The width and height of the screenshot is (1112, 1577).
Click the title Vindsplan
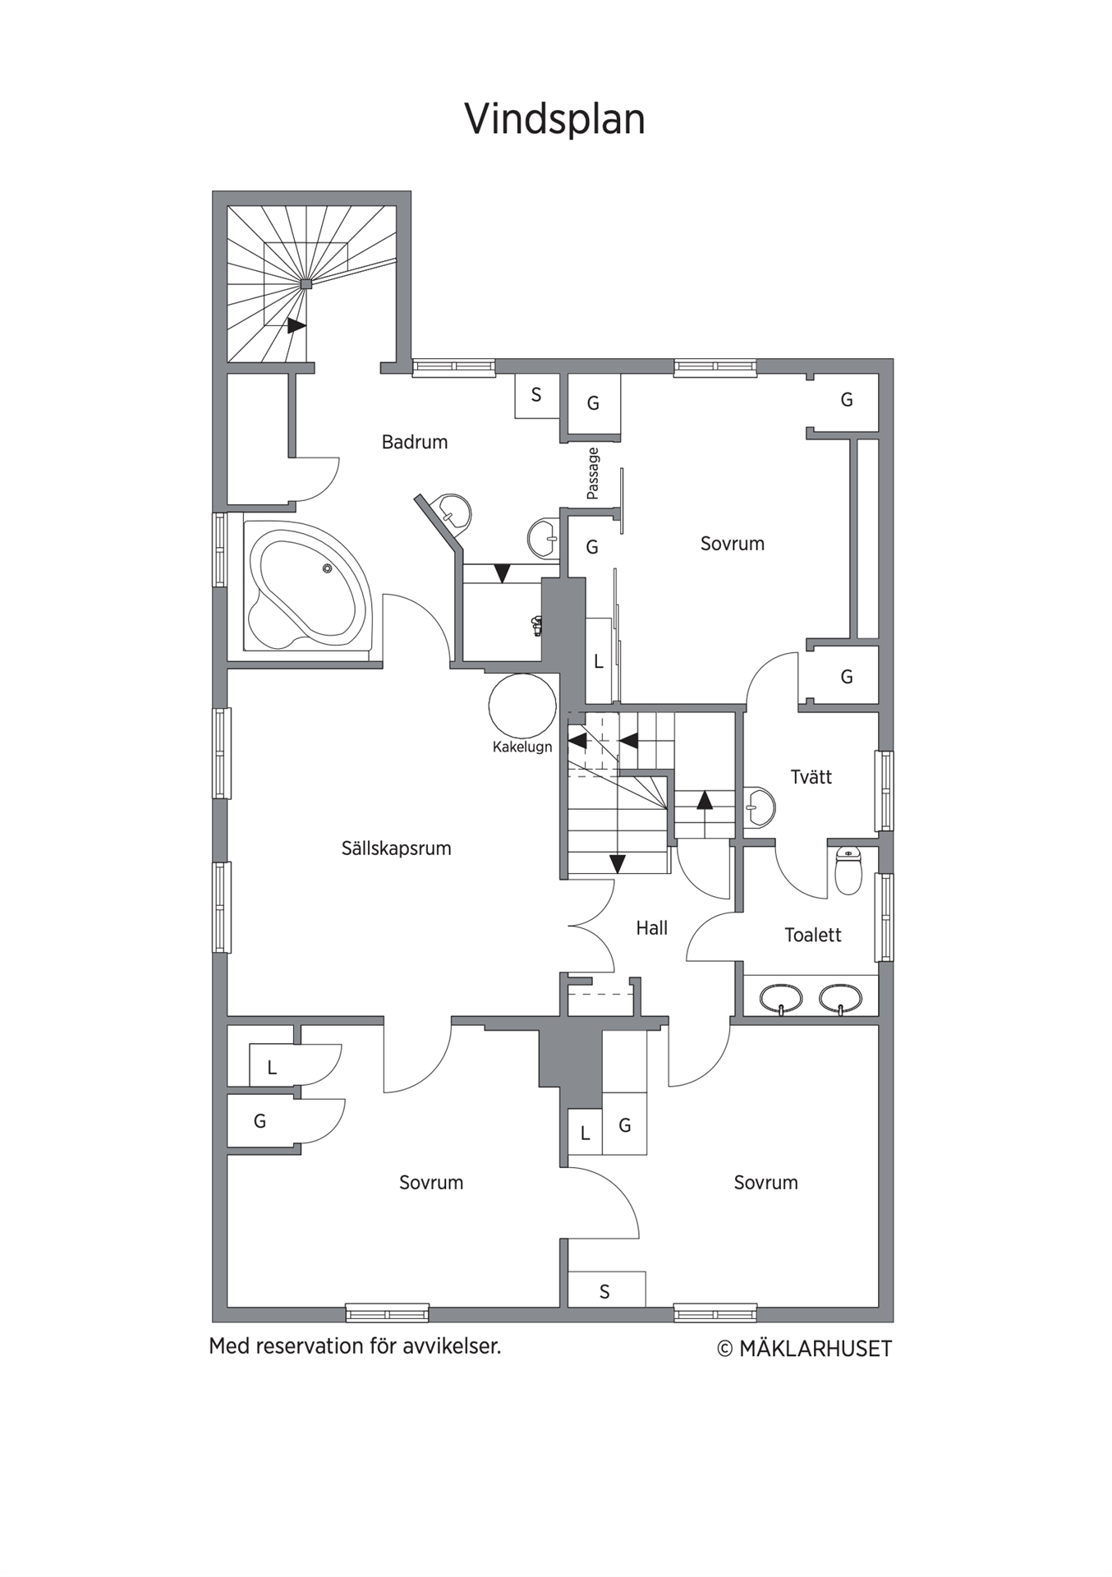point(555,120)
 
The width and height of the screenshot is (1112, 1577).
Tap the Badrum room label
point(415,442)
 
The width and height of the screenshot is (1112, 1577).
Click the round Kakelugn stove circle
point(522,706)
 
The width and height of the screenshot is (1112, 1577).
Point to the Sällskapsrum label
point(397,848)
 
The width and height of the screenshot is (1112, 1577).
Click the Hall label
point(652,928)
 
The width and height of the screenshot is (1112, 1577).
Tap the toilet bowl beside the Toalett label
point(848,871)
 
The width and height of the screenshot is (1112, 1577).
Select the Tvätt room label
point(811,777)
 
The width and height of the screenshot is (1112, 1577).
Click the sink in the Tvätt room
point(760,807)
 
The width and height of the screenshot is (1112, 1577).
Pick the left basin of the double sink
point(781,999)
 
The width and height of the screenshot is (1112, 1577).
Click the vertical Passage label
point(593,473)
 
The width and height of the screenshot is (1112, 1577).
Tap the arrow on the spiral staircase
point(296,326)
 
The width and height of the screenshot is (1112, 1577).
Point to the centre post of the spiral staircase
point(306,283)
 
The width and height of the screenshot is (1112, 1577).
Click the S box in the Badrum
point(537,396)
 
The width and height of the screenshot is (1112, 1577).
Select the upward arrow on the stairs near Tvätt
point(705,800)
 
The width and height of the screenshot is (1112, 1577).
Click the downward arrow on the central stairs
point(618,864)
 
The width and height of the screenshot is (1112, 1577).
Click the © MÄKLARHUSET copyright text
point(805,1349)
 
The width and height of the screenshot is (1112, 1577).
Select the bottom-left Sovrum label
point(431,1183)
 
